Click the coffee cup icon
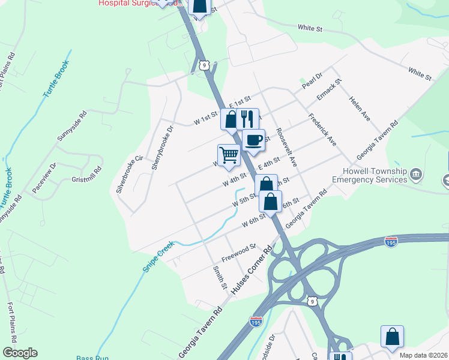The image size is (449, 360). [253, 140]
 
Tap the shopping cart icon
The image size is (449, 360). [229, 155]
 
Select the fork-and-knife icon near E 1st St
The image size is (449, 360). [247, 118]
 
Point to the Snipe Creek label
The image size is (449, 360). [158, 257]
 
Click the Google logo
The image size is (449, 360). [19, 353]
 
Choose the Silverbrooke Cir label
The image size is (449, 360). [130, 174]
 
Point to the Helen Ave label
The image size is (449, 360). [360, 109]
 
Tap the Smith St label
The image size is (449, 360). [220, 277]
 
